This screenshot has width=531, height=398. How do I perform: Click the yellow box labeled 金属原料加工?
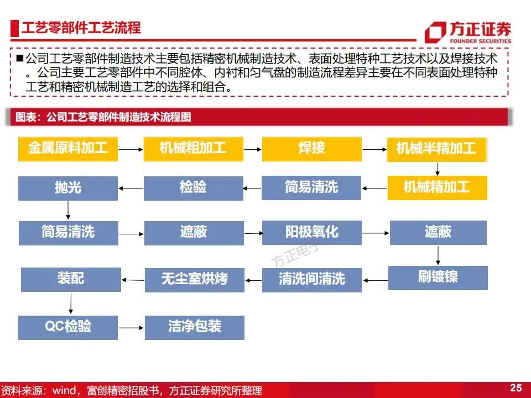tap(68, 148)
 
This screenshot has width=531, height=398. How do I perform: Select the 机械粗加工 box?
tap(193, 148)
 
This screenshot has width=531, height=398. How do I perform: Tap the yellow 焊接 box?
tap(311, 148)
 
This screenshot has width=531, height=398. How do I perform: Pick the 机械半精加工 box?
tap(436, 149)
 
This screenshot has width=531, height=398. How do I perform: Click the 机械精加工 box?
tap(436, 187)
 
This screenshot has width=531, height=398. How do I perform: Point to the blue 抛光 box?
tap(68, 188)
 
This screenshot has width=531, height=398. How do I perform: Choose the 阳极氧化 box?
tap(311, 232)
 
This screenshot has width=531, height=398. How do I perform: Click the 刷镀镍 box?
tap(438, 277)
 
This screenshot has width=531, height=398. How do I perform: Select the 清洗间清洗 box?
tap(311, 279)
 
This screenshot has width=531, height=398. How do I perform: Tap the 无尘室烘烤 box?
tap(194, 279)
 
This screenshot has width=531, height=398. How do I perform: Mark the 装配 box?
tap(71, 279)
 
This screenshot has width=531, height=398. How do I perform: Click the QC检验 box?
tap(68, 327)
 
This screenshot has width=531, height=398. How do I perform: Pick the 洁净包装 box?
tap(194, 327)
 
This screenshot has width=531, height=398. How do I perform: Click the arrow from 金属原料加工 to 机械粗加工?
tap(131, 149)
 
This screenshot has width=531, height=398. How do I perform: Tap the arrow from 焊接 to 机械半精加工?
tap(374, 149)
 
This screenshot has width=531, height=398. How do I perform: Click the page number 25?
tap(516, 387)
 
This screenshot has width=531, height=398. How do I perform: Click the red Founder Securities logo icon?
tap(435, 32)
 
